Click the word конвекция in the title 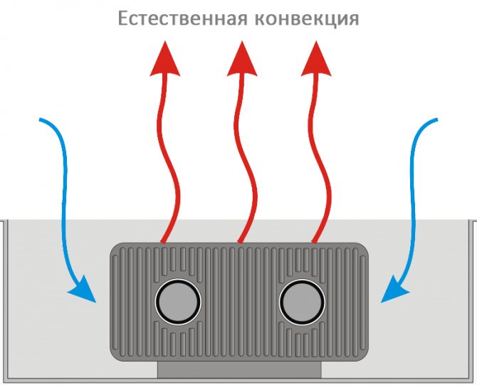coord(306,19)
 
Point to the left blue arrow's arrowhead coord(84,291)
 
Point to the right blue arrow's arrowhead coord(393,291)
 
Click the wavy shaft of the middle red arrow coord(244,157)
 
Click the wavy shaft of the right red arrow coord(322,157)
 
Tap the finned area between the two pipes coord(240,303)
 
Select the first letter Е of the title coord(123,19)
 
